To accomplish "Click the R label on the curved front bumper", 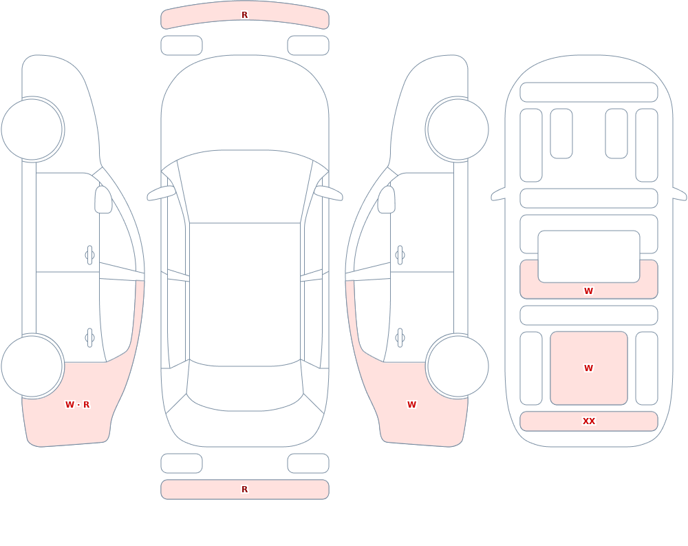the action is (x=244, y=15).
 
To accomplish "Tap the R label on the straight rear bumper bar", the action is (x=244, y=490).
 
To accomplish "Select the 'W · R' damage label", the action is (x=77, y=405).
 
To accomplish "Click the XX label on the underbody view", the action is (x=588, y=421).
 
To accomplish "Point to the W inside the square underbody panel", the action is (x=588, y=368).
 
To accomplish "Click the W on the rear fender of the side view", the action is (x=411, y=405).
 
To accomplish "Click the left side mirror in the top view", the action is (x=160, y=193).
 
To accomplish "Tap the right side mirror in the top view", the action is (x=329, y=193).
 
